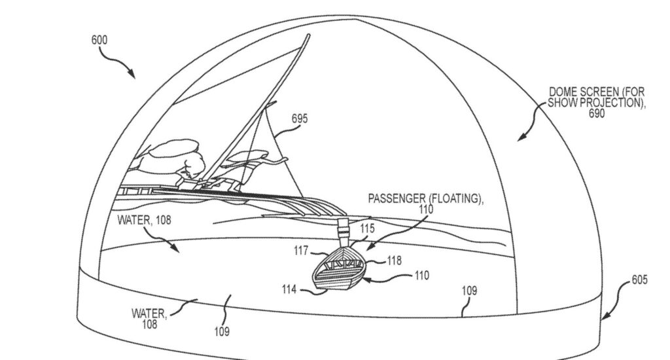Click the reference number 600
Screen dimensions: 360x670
pyautogui.click(x=99, y=40)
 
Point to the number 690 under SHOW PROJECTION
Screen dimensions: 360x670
pyautogui.click(x=595, y=114)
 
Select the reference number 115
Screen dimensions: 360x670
pyautogui.click(x=367, y=230)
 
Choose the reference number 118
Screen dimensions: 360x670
pyautogui.click(x=394, y=261)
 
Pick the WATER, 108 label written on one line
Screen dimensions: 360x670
pyautogui.click(x=144, y=221)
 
